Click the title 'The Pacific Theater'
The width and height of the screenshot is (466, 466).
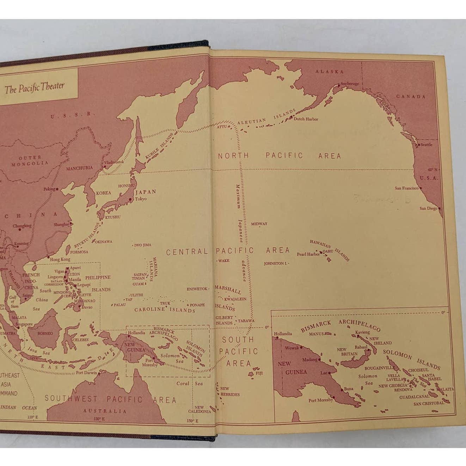[35, 88]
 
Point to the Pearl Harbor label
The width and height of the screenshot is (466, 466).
[308, 254]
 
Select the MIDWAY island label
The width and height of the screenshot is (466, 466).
[259, 224]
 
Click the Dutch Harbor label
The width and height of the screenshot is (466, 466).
[306, 119]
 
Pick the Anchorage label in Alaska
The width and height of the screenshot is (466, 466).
[350, 84]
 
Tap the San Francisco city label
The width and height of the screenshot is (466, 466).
[406, 188]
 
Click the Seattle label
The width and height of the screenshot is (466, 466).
[426, 145]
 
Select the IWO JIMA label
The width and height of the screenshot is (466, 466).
[143, 245]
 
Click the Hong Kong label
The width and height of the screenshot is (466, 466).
[60, 259]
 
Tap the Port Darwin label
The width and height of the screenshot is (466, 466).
[86, 373]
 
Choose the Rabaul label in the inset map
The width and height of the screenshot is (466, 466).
[361, 347]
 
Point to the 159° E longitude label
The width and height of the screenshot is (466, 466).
[192, 421]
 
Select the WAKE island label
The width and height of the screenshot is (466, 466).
[223, 261]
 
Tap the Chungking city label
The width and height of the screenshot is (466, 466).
[22, 226]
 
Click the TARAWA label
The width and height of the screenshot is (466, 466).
[246, 321]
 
